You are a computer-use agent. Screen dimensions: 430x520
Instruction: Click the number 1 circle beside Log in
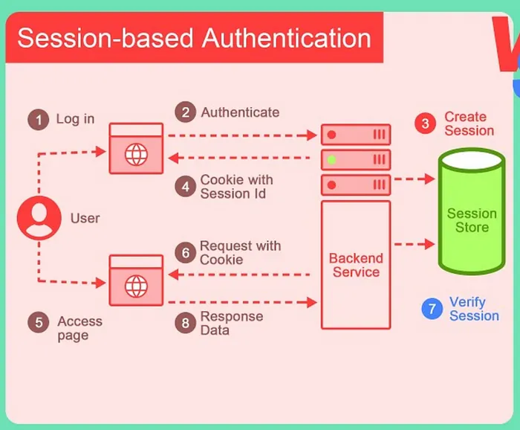[x=39, y=119]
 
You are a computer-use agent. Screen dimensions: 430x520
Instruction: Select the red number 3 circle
[x=425, y=123]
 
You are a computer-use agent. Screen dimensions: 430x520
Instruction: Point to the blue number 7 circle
[x=432, y=309]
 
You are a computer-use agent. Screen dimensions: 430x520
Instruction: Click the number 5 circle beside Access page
[x=39, y=322]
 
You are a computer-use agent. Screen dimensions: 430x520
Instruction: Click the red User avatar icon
[x=39, y=218]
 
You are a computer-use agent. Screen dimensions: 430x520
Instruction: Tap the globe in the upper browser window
[x=136, y=155]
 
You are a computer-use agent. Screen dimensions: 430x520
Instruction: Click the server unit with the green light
[x=356, y=159]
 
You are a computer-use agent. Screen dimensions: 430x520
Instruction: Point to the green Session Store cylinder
[x=472, y=212]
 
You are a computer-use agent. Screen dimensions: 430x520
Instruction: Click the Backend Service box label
[x=356, y=266]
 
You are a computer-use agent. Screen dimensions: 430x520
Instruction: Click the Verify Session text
[x=474, y=309]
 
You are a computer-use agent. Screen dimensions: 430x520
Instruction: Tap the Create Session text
[x=469, y=123]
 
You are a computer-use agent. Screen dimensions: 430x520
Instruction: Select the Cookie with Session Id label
[x=236, y=187]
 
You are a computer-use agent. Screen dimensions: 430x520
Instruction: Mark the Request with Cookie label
[x=240, y=253]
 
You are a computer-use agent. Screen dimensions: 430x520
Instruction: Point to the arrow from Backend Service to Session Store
[x=414, y=243]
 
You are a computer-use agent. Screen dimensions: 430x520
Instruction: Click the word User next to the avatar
[x=85, y=218]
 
